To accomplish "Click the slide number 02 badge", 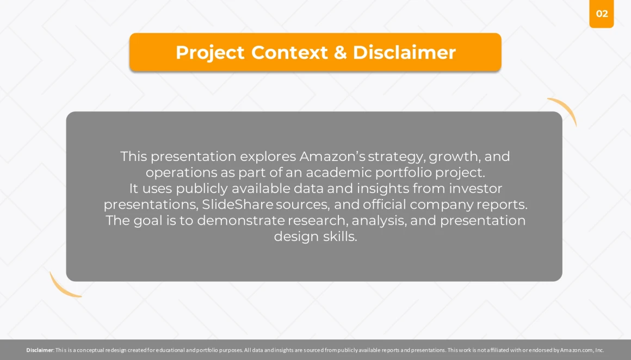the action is pyautogui.click(x=601, y=14).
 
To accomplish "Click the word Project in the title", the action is pyautogui.click(x=209, y=53).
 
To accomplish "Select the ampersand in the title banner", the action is pyautogui.click(x=340, y=52).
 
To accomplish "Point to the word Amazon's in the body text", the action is pyautogui.click(x=332, y=156).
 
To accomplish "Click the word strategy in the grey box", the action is pyautogui.click(x=397, y=157).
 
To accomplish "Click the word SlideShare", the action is pyautogui.click(x=237, y=204).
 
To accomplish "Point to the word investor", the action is pyautogui.click(x=475, y=188).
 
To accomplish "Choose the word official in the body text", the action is pyautogui.click(x=385, y=204).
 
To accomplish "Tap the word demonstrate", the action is pyautogui.click(x=240, y=220).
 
